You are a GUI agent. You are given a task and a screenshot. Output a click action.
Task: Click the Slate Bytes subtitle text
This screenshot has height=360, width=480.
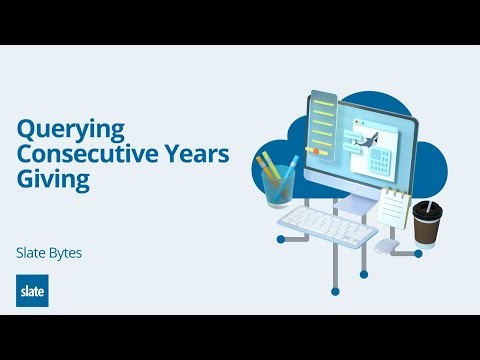(49, 253)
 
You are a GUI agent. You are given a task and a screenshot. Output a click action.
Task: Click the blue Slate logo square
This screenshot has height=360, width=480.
(32, 290)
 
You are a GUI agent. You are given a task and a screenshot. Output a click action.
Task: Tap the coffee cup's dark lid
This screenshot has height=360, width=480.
(427, 210)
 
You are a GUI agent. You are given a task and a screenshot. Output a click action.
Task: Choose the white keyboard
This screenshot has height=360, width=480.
(326, 229)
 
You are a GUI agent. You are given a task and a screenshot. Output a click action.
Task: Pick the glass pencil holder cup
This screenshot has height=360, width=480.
(280, 186)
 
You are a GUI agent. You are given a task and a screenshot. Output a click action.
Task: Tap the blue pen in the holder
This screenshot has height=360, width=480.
(291, 163)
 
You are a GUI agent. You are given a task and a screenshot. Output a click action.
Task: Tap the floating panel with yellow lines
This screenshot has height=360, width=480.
(323, 125)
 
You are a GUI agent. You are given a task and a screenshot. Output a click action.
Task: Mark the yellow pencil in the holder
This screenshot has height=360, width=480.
(267, 164)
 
